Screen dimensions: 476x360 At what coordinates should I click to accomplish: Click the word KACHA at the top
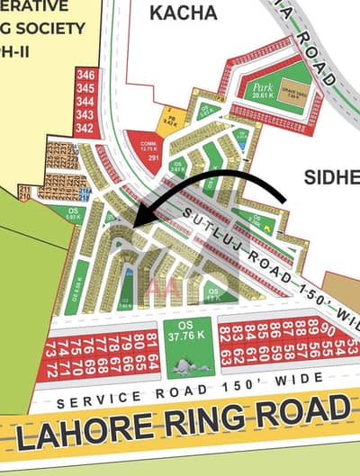pos(184,13)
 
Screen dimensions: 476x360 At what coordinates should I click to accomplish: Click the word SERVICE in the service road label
pos(90,398)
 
